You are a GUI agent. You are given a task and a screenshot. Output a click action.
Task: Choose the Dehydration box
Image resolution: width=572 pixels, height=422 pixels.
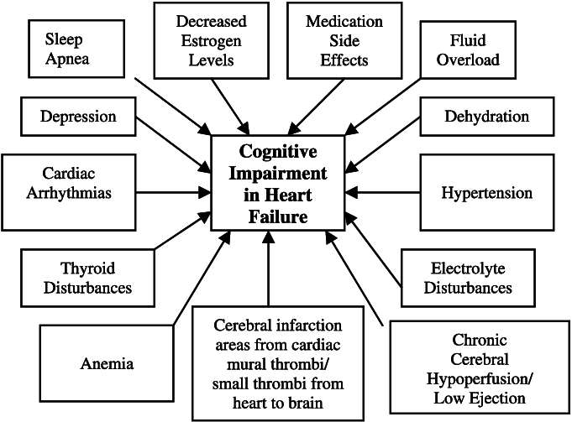click(486, 116)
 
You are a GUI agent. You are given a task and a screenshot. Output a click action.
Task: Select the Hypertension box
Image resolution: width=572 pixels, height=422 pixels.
click(486, 193)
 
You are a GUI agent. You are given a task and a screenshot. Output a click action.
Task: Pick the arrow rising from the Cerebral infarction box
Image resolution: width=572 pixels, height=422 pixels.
click(268, 268)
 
